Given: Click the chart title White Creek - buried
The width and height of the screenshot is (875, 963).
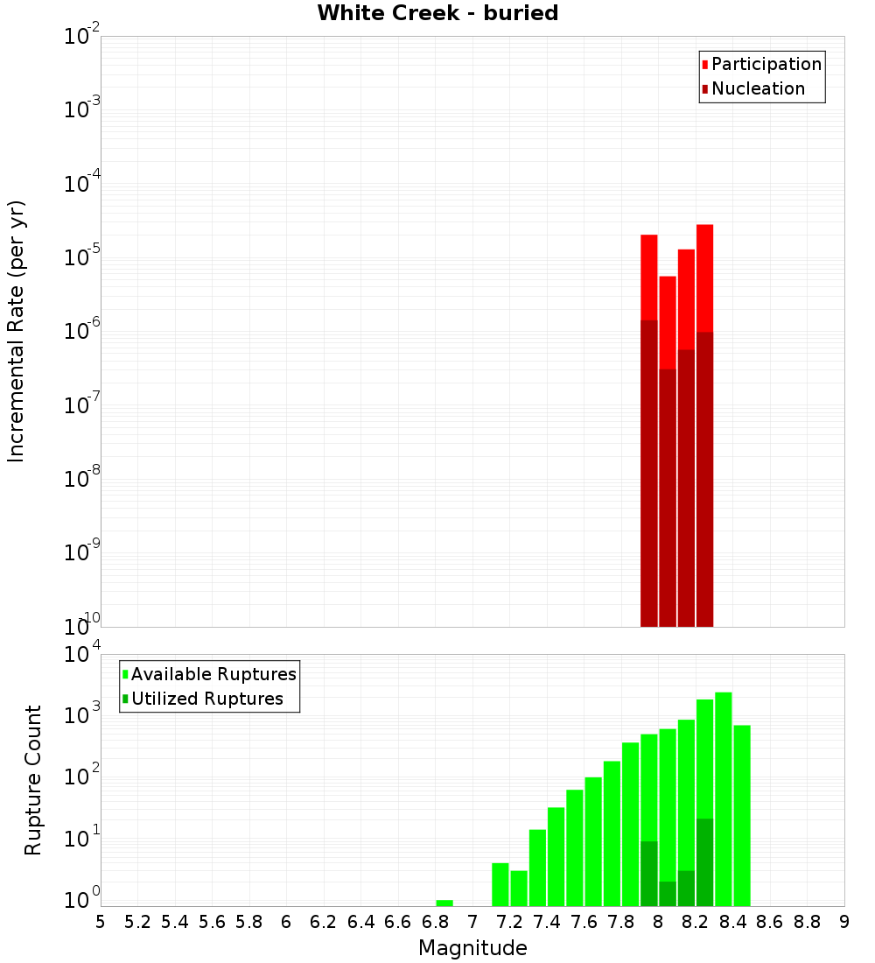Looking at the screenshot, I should [437, 13].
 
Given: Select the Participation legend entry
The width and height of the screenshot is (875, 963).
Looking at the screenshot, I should [766, 64].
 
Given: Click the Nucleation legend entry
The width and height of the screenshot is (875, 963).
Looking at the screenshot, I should [758, 88].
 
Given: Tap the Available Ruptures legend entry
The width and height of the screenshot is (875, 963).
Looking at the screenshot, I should [213, 674].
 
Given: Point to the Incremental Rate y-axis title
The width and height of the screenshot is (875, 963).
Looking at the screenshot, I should [17, 331].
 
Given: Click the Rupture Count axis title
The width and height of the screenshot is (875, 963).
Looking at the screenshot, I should [33, 780].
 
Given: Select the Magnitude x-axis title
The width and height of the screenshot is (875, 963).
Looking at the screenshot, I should [472, 948].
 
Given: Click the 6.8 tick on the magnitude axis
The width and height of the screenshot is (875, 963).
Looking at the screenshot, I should [435, 922].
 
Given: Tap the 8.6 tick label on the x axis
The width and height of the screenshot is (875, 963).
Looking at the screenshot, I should [770, 922].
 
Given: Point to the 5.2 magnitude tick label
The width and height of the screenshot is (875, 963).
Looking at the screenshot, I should [137, 922].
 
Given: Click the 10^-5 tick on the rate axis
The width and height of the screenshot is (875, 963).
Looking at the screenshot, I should [82, 257].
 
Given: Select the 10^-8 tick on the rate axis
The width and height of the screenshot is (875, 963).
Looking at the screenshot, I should [82, 479].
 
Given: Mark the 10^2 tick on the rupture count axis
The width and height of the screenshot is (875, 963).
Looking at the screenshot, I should [82, 776].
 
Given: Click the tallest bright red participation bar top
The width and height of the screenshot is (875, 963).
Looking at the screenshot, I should [704, 229].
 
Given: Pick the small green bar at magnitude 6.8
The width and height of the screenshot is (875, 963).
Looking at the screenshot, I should [444, 903].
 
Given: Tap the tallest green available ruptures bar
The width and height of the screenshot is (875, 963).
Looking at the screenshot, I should [724, 788].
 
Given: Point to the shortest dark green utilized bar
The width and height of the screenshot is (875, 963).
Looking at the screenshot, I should [668, 894].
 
